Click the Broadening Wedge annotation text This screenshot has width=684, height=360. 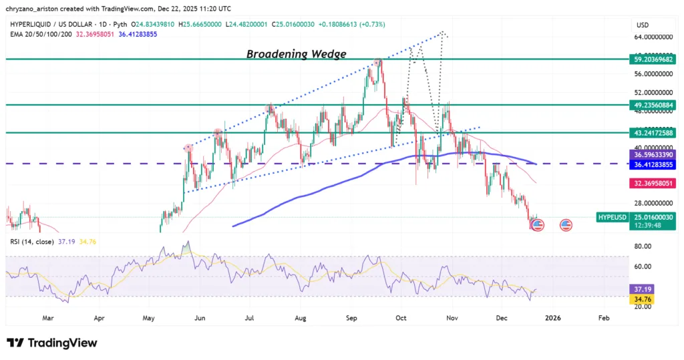[x=297, y=54]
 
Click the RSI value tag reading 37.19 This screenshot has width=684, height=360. [x=642, y=288]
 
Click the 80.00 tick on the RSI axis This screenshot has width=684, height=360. [x=642, y=246]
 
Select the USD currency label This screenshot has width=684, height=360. [x=642, y=25]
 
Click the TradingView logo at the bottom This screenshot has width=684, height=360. [x=52, y=343]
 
